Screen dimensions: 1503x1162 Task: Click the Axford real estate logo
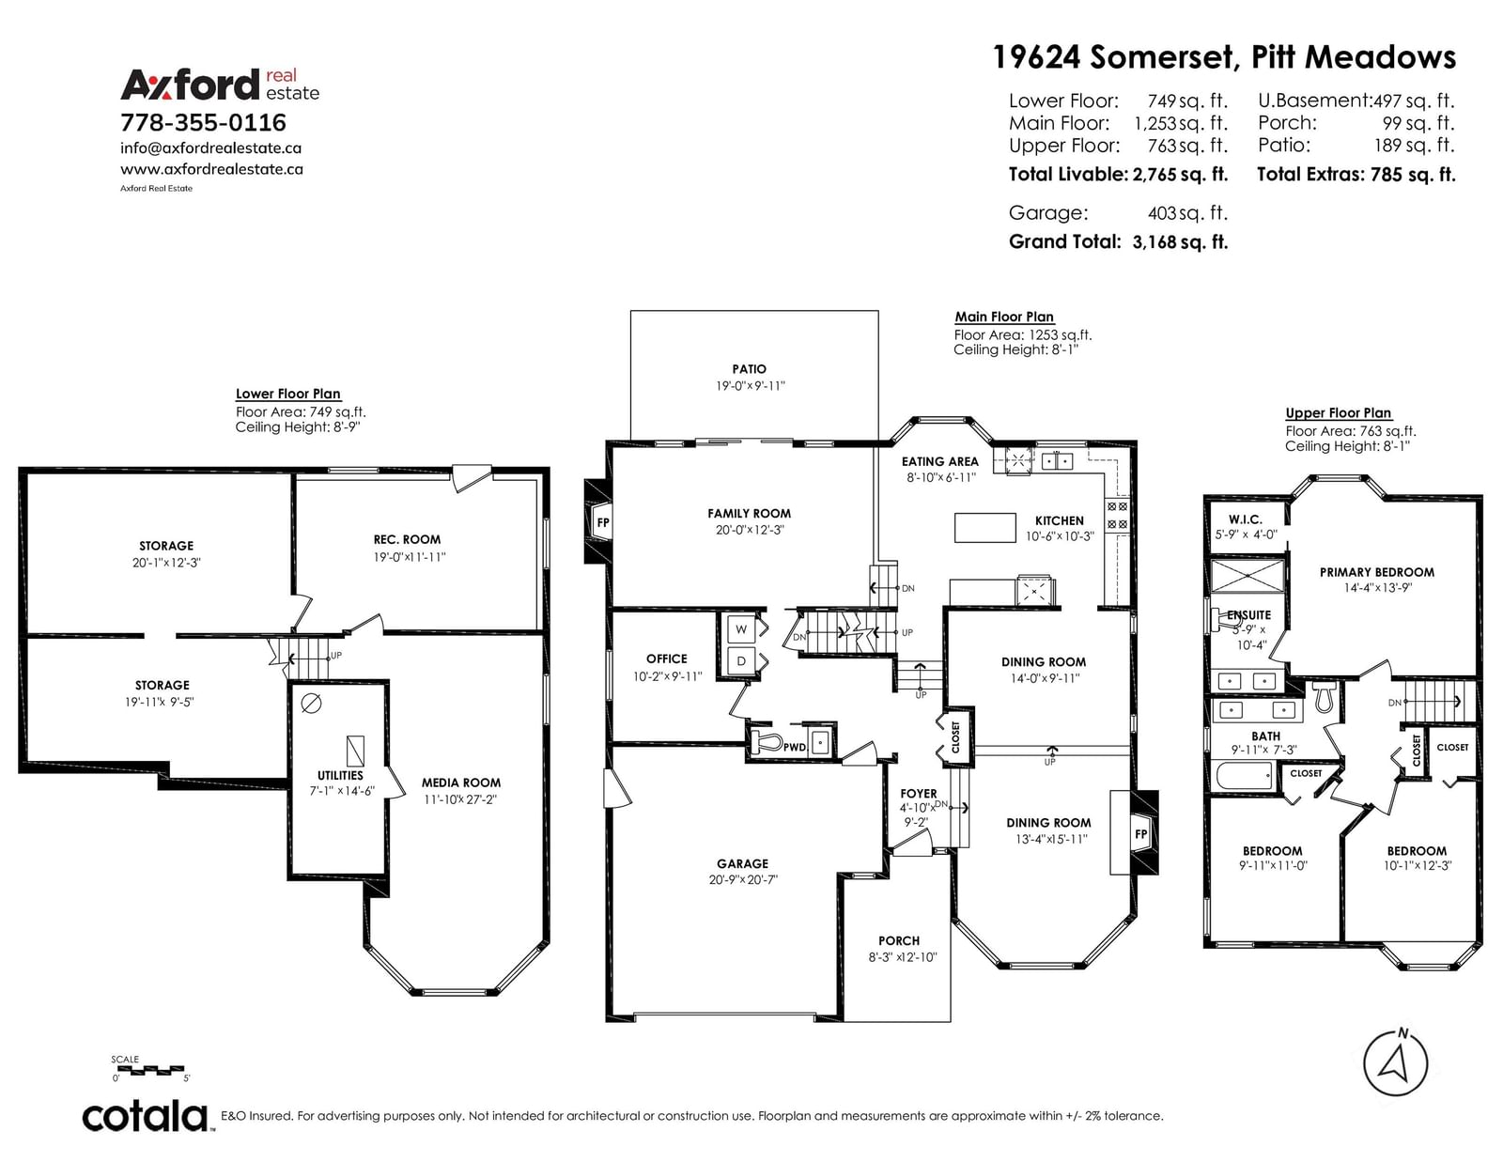coord(220,85)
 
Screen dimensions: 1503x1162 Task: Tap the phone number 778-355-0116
coord(203,122)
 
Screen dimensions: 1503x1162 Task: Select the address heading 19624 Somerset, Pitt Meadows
coord(1224,57)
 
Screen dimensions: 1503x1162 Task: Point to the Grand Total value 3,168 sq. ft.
coord(1180,242)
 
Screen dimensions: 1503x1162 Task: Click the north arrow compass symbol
coord(1395,1063)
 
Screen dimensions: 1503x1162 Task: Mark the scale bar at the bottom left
coord(148,1071)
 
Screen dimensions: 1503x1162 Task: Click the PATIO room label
coord(749,369)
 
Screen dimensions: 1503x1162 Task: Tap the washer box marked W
coord(741,628)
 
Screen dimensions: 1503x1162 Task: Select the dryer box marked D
coord(741,661)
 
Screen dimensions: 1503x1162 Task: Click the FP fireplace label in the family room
coord(603,522)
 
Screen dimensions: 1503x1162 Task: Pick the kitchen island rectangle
coord(985,528)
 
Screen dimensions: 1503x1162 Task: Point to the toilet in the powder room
coord(766,743)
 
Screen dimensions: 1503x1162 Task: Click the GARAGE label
coord(742,864)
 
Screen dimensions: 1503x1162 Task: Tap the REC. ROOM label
coord(407,539)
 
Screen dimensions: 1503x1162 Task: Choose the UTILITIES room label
coord(340,775)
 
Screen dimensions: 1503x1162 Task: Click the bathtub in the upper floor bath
coord(1245,775)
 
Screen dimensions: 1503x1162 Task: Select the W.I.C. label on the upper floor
coord(1246,519)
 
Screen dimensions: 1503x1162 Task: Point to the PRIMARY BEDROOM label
coord(1376,572)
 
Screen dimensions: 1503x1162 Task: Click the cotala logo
coord(147,1116)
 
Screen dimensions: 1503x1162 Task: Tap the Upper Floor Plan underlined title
coord(1338,413)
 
